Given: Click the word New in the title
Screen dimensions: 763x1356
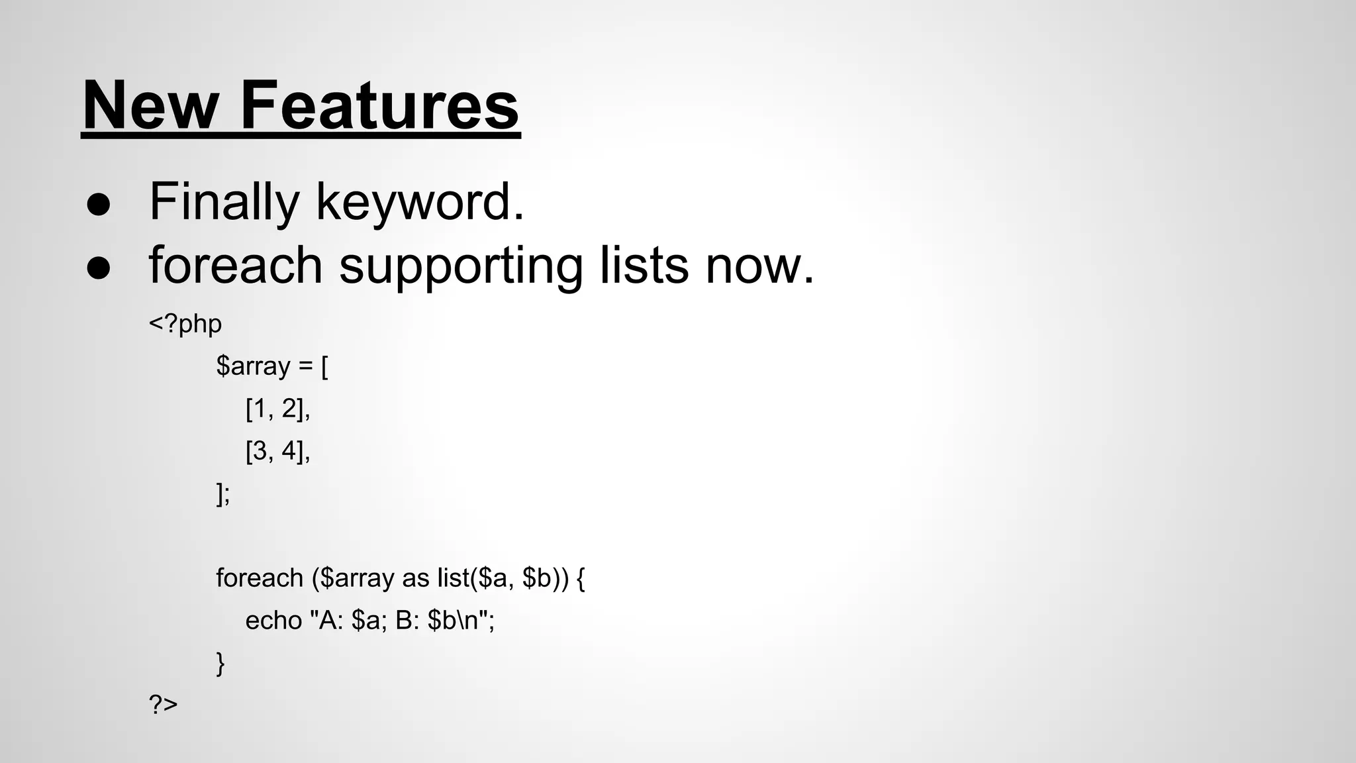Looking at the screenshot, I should [150, 106].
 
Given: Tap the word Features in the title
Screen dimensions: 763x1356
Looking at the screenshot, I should [379, 106].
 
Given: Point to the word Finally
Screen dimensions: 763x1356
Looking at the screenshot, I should [224, 202].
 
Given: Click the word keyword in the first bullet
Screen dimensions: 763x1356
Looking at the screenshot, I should [419, 202].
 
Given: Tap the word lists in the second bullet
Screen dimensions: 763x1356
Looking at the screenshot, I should [644, 265].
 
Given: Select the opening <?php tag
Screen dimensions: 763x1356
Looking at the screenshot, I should [185, 325].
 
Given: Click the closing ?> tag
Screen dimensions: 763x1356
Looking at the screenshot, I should [164, 704].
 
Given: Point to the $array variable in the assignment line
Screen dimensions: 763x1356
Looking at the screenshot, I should [253, 366].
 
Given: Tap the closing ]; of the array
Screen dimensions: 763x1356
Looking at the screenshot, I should [223, 494].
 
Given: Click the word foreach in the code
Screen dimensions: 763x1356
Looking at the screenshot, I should [260, 578].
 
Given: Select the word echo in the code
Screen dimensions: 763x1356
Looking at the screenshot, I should [273, 621].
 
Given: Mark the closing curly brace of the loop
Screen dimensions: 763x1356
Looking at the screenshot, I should [220, 663].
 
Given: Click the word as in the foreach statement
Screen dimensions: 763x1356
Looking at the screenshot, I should [416, 579].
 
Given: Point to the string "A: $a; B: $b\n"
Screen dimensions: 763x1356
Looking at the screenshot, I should [402, 621].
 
